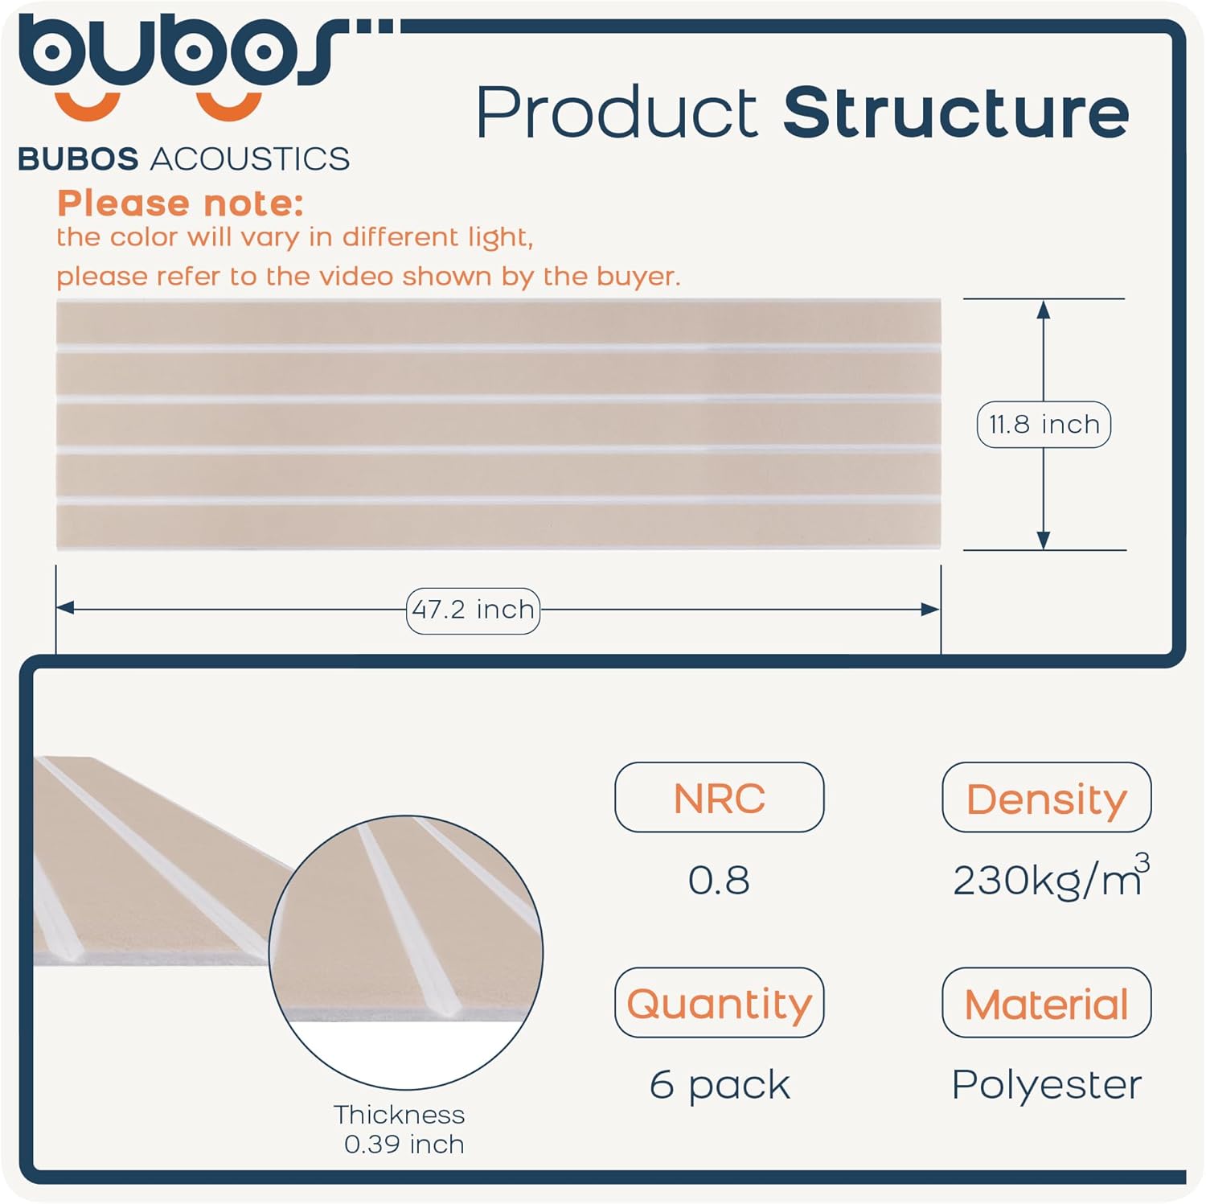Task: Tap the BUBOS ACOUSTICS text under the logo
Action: [x=183, y=158]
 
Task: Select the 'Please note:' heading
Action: [x=180, y=203]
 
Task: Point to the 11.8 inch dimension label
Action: [x=1044, y=424]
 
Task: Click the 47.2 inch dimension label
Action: [x=473, y=610]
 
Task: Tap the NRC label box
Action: [x=720, y=797]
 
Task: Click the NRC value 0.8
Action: [x=719, y=880]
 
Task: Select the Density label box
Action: [x=1047, y=797]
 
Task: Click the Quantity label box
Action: [x=720, y=1003]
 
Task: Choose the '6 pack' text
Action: [x=720, y=1085]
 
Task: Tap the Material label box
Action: [x=1047, y=1003]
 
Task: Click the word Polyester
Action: [x=1046, y=1085]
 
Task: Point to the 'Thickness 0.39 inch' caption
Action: [x=400, y=1129]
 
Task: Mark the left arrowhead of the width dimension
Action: [x=65, y=609]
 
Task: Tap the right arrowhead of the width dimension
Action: [x=931, y=609]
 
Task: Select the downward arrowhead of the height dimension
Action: [x=1044, y=540]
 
